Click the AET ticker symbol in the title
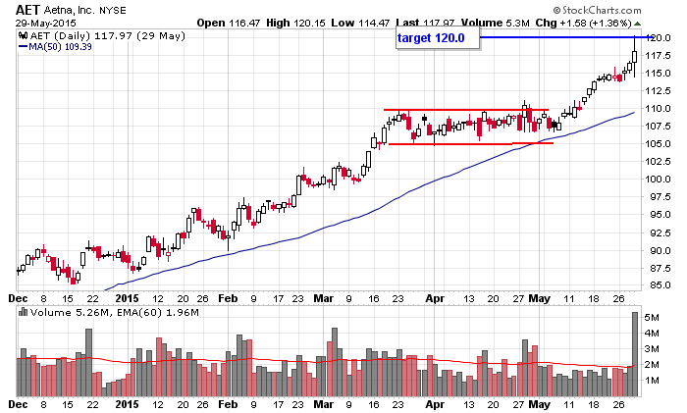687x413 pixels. point(27,9)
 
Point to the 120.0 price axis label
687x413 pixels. point(660,37)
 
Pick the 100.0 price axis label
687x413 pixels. point(660,180)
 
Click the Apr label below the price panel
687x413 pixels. point(434,297)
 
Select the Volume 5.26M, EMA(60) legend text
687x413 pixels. point(87,314)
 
